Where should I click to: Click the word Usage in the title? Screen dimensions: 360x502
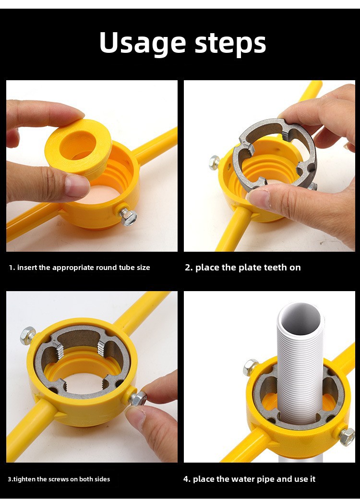pos(143,43)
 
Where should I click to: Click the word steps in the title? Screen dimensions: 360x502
pos(230,44)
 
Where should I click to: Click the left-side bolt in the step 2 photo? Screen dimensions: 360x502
pos(215,162)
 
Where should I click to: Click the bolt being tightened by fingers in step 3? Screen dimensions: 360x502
pos(138,398)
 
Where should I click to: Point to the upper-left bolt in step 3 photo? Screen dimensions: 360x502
pos(28,335)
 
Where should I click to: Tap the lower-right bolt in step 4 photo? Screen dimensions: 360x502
pos(347,437)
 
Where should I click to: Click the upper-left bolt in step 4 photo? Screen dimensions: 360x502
pos(251,367)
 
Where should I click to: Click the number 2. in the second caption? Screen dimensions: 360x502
pos(189,268)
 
